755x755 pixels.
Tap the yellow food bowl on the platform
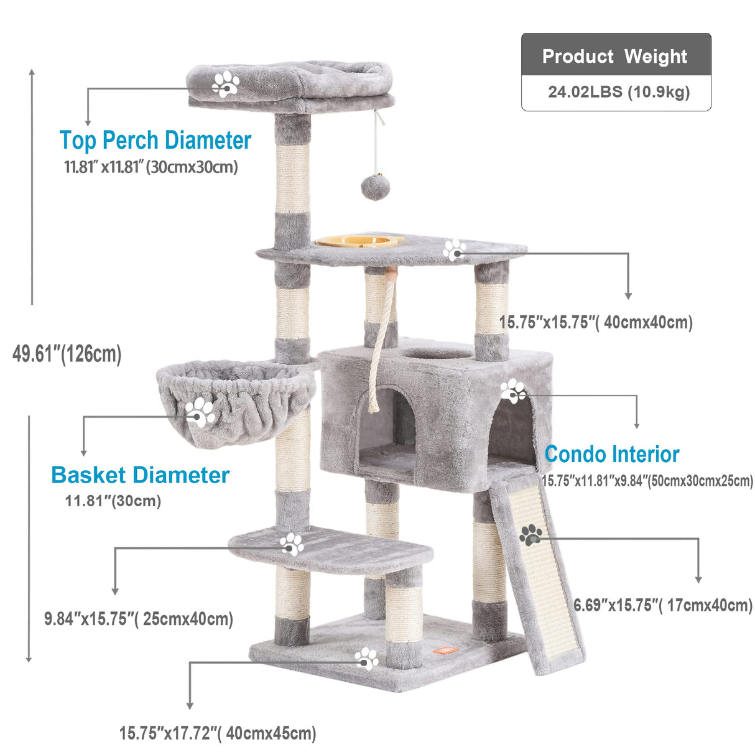[x=358, y=241]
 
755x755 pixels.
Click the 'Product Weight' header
[x=615, y=56]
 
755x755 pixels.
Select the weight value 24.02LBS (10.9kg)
[x=619, y=92]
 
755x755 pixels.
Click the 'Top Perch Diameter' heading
[x=155, y=140]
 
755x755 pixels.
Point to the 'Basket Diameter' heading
[x=140, y=475]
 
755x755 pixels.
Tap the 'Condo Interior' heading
[x=612, y=454]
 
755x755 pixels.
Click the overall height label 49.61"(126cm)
[x=67, y=354]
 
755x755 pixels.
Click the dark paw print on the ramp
[x=530, y=534]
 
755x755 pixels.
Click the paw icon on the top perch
[x=226, y=83]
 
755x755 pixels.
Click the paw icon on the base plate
[x=366, y=658]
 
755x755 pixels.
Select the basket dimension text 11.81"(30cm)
[x=113, y=501]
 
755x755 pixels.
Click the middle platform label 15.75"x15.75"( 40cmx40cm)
[x=596, y=322]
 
